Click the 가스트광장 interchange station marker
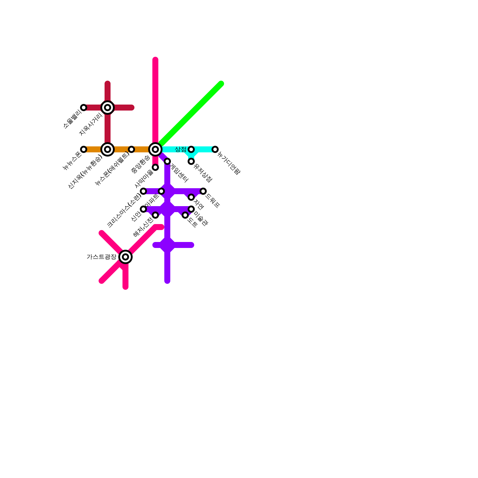125,257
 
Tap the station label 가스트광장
101,257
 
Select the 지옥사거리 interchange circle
108,108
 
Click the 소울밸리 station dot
84,108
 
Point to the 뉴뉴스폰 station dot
84,149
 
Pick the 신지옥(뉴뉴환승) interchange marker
108,149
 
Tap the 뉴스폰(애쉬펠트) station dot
131,149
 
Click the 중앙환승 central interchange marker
155,149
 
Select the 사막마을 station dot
155,167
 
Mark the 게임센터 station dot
167,161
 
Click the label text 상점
180,149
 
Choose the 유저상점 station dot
191,161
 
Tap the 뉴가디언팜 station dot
215,149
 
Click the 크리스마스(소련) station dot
143,191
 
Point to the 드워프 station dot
203,191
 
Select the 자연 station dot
191,197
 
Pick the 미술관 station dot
191,209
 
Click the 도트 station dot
185,215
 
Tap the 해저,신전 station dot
155,215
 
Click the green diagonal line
191,114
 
